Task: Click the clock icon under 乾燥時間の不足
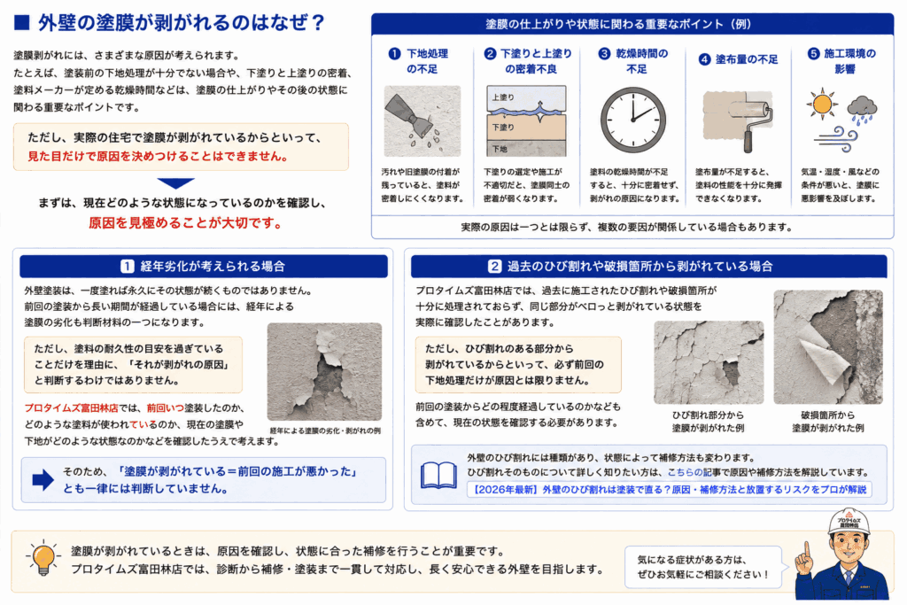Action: click(x=632, y=120)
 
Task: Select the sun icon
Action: click(x=821, y=105)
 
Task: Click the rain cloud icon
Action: click(x=862, y=110)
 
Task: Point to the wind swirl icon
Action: click(x=836, y=140)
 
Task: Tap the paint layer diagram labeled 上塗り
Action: click(x=526, y=121)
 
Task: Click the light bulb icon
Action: click(x=43, y=558)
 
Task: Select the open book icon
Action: click(x=438, y=476)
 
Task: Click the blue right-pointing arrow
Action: click(x=43, y=479)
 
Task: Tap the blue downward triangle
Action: click(x=176, y=183)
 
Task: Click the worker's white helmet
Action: click(x=848, y=521)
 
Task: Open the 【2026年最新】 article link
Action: click(x=670, y=489)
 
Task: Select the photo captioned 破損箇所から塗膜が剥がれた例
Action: click(x=828, y=347)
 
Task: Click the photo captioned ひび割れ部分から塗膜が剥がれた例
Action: click(x=709, y=362)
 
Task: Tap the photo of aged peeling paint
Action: click(x=324, y=372)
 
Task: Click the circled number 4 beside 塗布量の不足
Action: click(x=704, y=59)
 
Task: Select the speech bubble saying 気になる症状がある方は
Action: click(x=703, y=567)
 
